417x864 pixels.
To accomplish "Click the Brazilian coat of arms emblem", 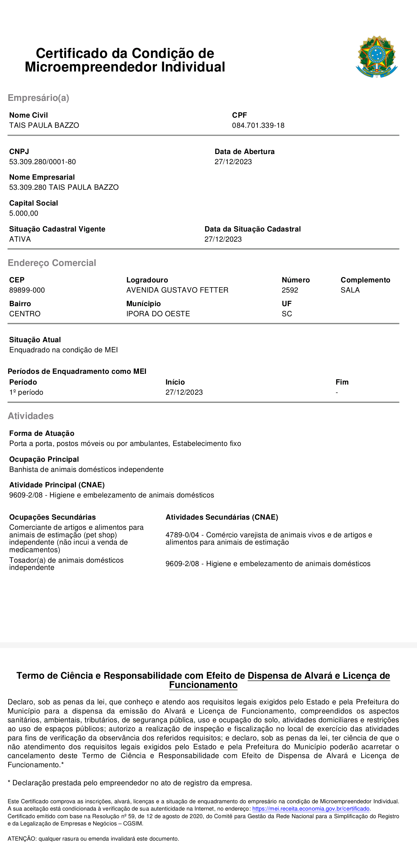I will [376, 57].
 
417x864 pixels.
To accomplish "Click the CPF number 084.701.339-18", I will [258, 126].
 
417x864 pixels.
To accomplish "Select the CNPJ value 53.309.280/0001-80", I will [42, 162].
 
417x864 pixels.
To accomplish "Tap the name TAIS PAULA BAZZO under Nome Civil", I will [44, 126].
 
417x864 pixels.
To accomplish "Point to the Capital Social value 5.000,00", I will [23, 213].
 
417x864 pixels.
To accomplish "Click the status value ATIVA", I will [20, 239].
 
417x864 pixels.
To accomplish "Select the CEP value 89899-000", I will [27, 290].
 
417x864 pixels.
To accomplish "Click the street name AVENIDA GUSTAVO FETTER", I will [177, 290].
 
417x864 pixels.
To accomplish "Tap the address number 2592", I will [290, 290].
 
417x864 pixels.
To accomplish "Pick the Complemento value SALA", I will [350, 290].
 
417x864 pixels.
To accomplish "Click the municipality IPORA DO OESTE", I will [158, 314].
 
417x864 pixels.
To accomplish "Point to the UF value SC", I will [287, 314].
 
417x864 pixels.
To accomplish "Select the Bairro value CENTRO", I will [24, 314].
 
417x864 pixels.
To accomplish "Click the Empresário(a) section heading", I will [38, 98].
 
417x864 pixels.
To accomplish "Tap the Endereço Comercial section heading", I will [52, 263].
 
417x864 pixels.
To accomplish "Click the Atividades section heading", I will [30, 416].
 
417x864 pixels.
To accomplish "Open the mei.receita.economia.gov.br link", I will [311, 809].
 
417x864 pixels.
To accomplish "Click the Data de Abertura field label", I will [244, 151].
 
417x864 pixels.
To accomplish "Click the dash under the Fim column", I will [337, 392].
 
